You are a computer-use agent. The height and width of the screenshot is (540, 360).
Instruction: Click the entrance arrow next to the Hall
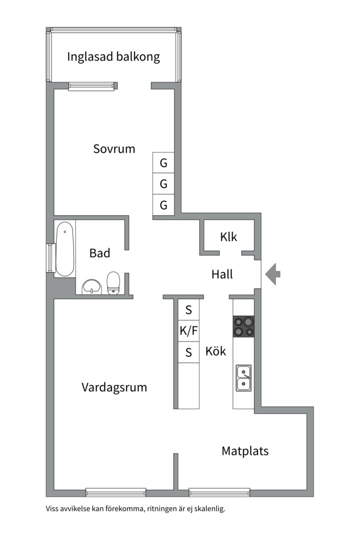(x=273, y=274)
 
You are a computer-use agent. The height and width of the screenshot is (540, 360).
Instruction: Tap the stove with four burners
(x=243, y=326)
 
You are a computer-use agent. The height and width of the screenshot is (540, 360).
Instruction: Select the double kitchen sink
(x=243, y=377)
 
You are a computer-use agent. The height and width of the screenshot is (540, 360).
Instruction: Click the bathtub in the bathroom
(x=64, y=248)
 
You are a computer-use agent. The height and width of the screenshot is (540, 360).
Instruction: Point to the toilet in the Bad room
(x=113, y=283)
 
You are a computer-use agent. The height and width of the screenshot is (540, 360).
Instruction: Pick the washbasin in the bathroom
(x=91, y=286)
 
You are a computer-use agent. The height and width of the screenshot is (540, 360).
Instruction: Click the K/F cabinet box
(x=188, y=330)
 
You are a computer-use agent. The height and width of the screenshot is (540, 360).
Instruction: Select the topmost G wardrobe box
(x=163, y=163)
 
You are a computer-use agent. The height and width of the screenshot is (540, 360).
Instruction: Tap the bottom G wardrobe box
(x=163, y=205)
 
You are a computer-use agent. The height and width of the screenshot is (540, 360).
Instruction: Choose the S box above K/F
(x=188, y=309)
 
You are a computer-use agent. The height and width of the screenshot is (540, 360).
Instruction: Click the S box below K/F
(x=188, y=352)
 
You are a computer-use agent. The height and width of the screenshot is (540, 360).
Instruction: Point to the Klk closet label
(x=228, y=237)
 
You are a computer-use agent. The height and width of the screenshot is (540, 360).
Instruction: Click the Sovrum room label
(x=114, y=148)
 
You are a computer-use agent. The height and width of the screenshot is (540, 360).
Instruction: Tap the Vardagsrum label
(x=114, y=387)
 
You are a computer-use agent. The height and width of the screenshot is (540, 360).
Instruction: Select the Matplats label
(x=245, y=451)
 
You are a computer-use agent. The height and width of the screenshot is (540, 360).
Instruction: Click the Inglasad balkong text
(x=113, y=56)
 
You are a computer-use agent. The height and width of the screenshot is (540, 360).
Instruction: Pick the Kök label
(x=215, y=351)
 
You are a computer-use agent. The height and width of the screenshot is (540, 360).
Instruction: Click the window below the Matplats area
(x=219, y=492)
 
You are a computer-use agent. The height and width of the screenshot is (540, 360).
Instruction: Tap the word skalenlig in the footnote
(x=209, y=509)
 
